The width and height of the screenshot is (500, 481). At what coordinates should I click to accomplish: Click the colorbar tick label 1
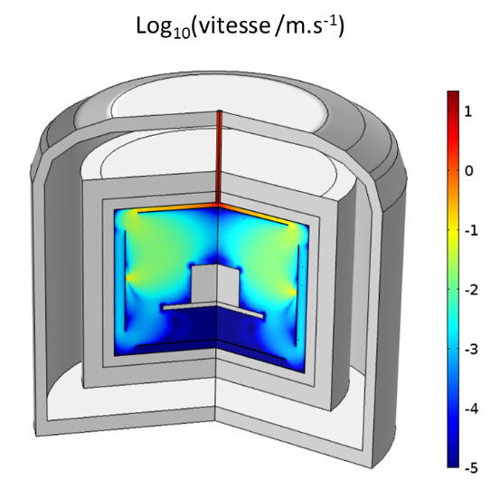tap(467, 111)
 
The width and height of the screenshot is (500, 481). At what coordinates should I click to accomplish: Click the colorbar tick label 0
tap(468, 171)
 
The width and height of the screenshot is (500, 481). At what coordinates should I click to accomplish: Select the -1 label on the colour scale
tap(472, 230)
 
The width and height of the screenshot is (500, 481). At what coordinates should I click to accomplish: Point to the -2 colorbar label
tap(472, 290)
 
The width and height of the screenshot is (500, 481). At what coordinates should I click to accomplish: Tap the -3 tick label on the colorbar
tap(472, 350)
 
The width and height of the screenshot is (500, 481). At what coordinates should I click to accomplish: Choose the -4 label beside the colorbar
tap(472, 409)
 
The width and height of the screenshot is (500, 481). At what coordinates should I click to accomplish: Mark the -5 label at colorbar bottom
tap(472, 468)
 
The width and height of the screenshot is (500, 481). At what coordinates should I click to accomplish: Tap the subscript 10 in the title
tap(183, 33)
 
